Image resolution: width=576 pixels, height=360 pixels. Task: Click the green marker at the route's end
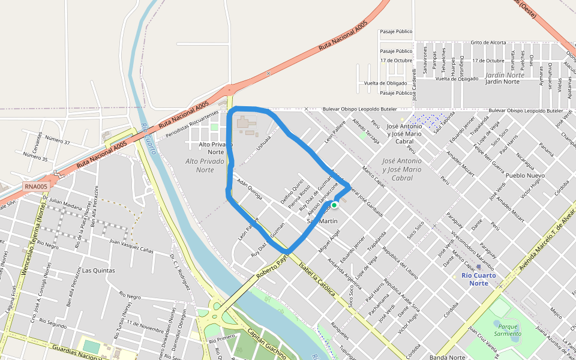click(x=334, y=205)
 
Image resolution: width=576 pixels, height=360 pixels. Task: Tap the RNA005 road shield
click(x=36, y=187)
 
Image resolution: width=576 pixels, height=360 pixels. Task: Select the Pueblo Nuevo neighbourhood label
click(x=524, y=176)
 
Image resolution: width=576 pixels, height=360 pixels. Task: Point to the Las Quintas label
click(x=98, y=271)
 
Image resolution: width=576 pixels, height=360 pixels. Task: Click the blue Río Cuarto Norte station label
click(x=478, y=279)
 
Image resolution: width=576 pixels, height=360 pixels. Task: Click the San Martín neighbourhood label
click(x=322, y=221)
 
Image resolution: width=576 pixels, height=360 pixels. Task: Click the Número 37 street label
click(x=58, y=142)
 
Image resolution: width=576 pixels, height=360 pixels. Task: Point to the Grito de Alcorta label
click(x=488, y=43)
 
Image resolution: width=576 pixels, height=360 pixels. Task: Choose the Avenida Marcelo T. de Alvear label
click(x=547, y=238)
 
